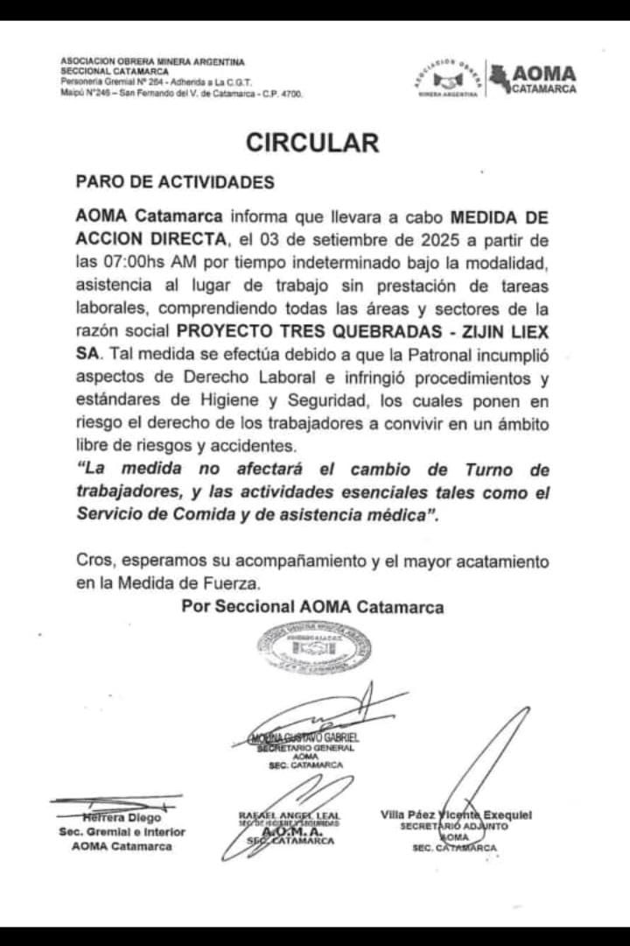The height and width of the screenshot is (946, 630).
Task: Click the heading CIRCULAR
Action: click(x=311, y=143)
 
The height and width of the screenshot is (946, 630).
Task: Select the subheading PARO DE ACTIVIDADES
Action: click(x=175, y=182)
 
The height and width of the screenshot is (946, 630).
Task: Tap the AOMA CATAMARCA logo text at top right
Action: click(x=543, y=79)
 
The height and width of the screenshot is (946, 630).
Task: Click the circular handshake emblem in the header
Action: click(x=448, y=78)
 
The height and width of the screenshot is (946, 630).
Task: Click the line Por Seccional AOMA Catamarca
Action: click(x=312, y=607)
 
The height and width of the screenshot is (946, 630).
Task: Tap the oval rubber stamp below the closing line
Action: click(x=313, y=648)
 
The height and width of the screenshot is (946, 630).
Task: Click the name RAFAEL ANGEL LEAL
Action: click(x=290, y=816)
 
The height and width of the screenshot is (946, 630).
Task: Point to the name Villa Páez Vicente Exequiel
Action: click(x=456, y=815)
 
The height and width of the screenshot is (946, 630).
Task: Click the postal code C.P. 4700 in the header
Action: click(x=284, y=94)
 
